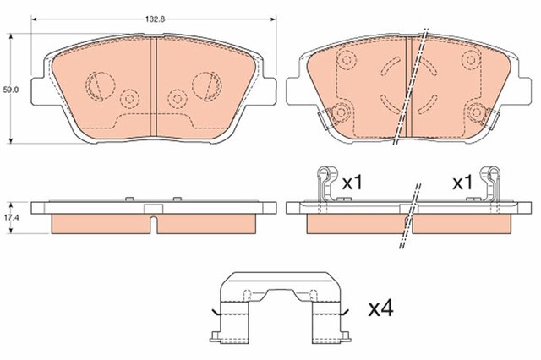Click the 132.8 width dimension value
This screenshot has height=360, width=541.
155,19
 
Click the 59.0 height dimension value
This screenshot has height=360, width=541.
11,90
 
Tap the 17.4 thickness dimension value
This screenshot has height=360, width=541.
11,218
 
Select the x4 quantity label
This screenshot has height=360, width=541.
380,309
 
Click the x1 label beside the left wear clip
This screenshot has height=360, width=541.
352,183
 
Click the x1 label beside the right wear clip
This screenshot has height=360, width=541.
462,183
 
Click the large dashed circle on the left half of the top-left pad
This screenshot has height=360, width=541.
100,86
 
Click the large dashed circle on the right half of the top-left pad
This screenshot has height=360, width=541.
207,86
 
